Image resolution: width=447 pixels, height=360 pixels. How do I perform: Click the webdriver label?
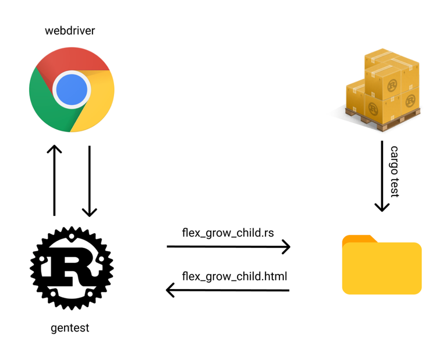click(x=69, y=31)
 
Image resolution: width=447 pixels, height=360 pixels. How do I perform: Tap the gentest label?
click(x=70, y=328)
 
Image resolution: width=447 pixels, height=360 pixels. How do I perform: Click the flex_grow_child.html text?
click(x=235, y=275)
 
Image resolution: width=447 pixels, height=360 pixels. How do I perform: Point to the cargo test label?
click(x=395, y=172)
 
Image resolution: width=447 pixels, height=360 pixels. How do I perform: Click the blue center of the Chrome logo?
click(x=72, y=90)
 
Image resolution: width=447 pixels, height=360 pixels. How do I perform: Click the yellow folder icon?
click(x=382, y=268)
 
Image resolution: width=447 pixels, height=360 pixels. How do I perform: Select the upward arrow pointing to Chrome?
click(x=54, y=180)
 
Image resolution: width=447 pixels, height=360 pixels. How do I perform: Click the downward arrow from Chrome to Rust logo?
click(x=89, y=181)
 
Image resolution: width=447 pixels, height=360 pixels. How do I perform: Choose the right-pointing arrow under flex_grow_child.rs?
click(x=228, y=247)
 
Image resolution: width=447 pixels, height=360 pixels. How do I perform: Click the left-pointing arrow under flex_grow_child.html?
click(x=228, y=289)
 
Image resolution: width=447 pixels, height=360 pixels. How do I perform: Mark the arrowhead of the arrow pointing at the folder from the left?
click(x=286, y=247)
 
